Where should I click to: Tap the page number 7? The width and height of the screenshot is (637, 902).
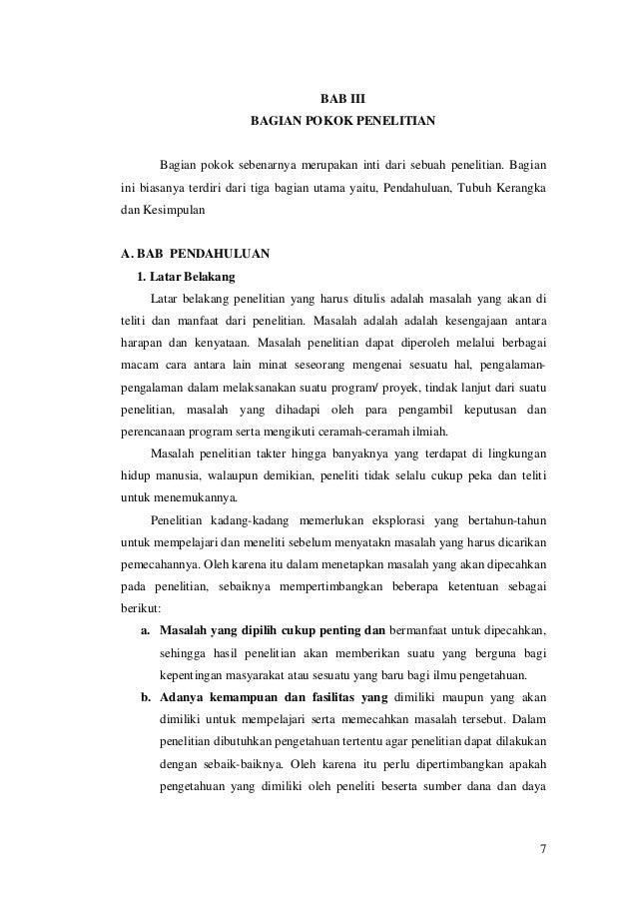[x=542, y=850]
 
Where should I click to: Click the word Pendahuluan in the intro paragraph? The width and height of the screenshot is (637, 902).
[x=417, y=188]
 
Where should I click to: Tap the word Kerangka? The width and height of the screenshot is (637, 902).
[x=519, y=188]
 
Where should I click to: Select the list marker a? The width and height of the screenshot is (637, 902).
[x=146, y=630]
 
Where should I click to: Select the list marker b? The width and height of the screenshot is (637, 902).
[x=146, y=696]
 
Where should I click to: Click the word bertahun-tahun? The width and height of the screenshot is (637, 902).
[x=503, y=520]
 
